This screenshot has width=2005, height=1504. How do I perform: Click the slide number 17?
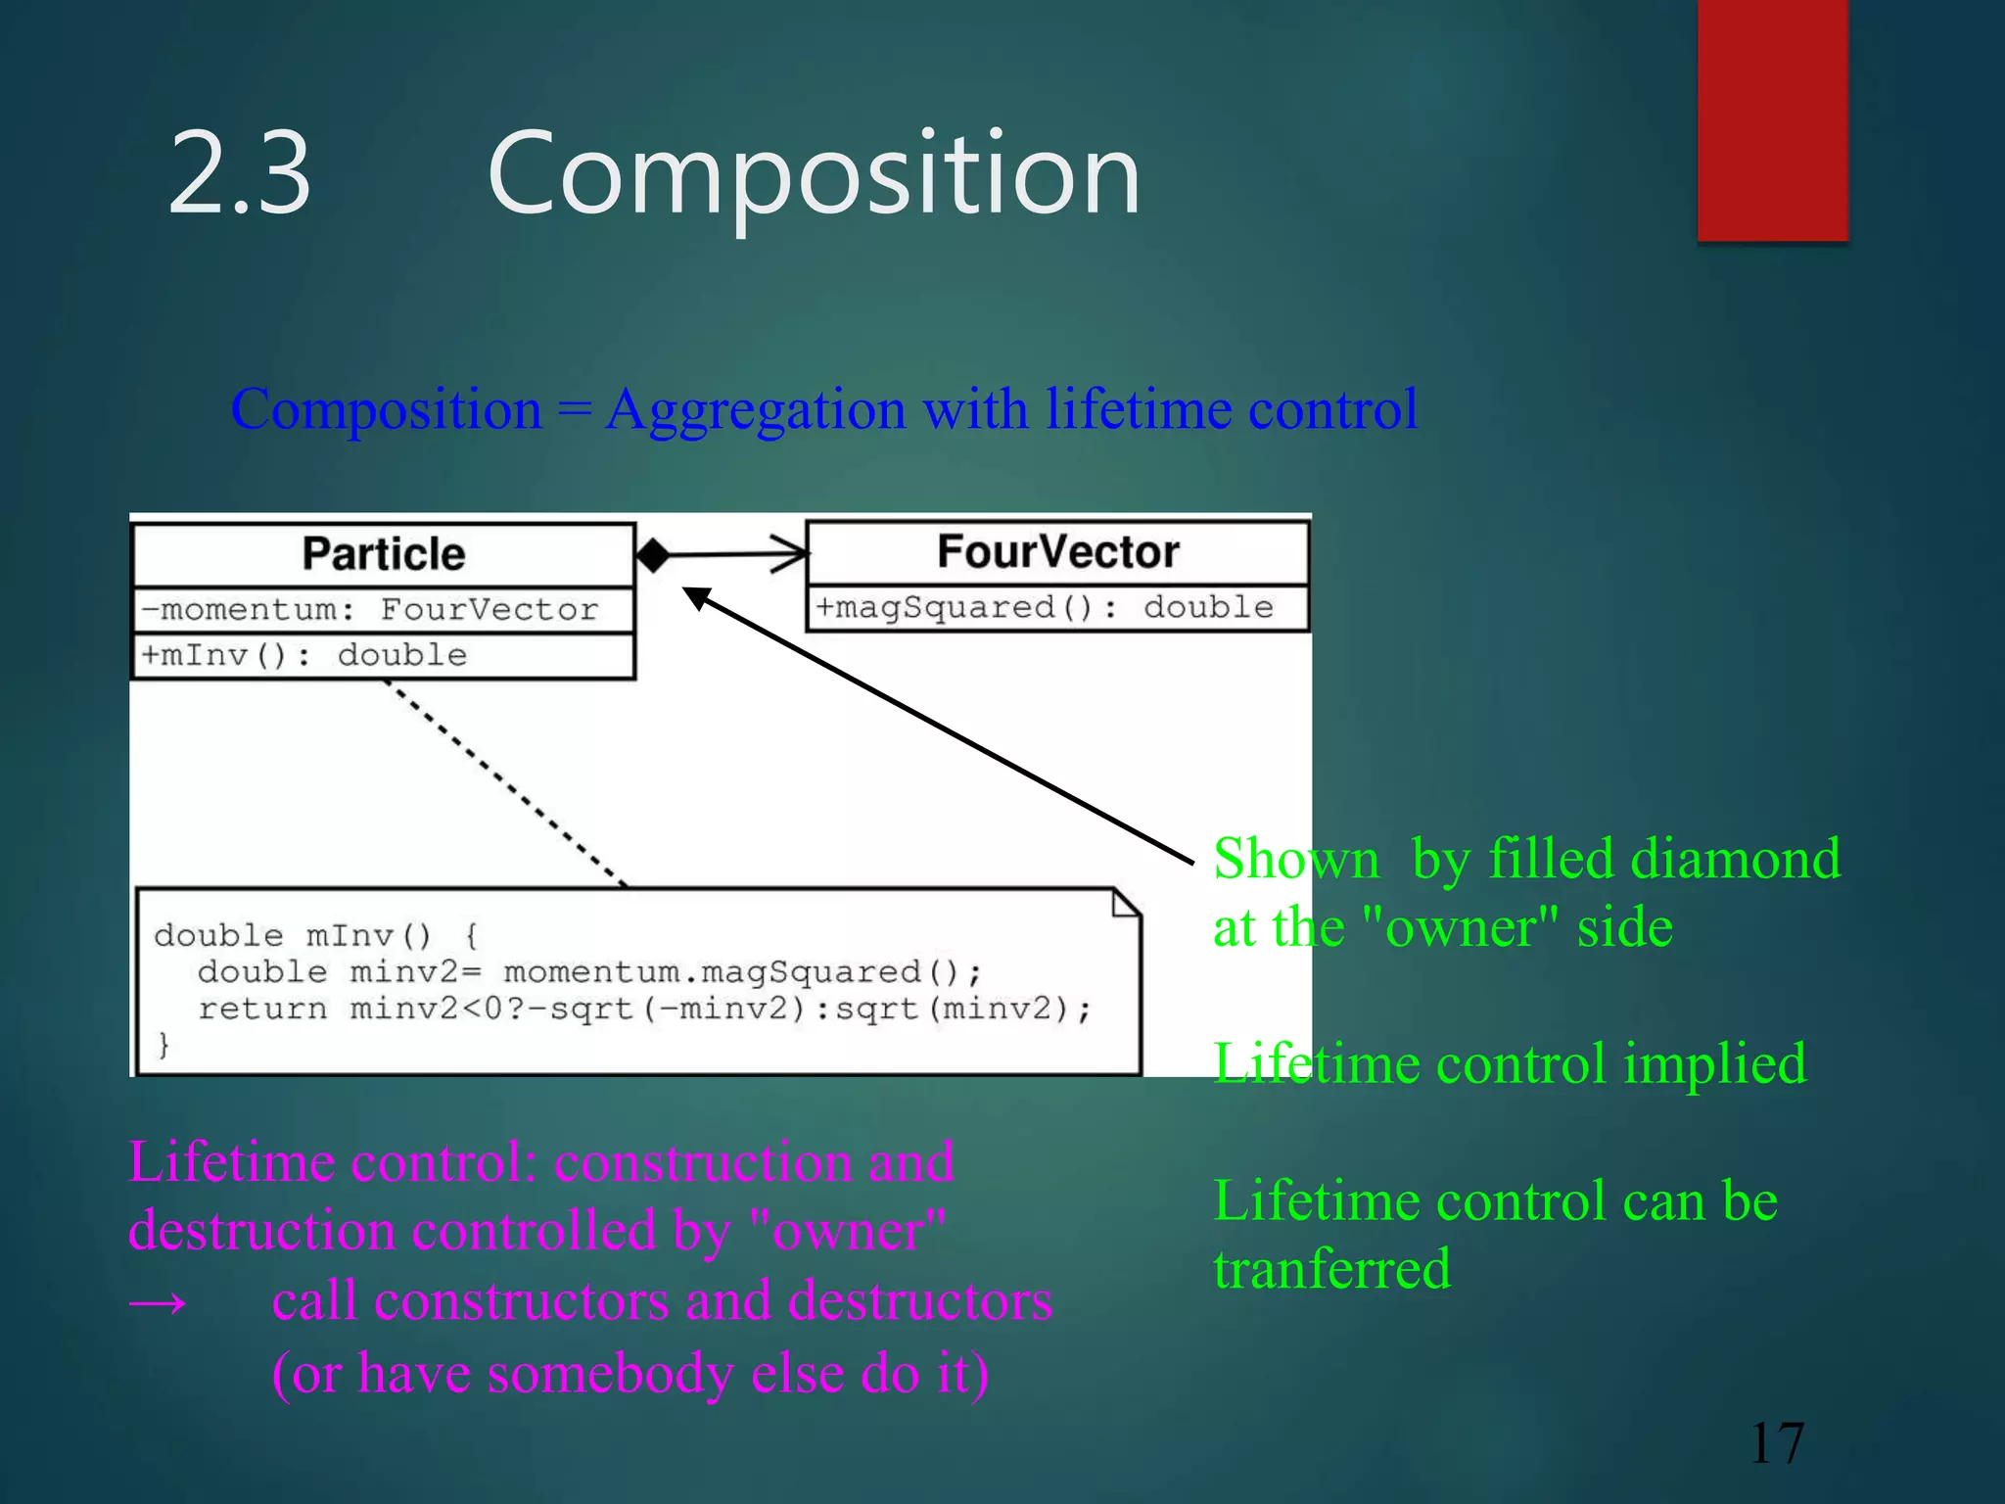pyautogui.click(x=1776, y=1442)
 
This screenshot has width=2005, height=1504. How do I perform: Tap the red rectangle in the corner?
pyautogui.click(x=1772, y=119)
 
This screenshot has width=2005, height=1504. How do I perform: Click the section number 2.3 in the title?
pyautogui.click(x=240, y=174)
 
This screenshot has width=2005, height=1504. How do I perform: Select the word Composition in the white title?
pyautogui.click(x=814, y=174)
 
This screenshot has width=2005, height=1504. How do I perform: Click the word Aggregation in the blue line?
pyautogui.click(x=756, y=408)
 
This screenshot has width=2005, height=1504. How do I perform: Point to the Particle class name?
pyautogui.click(x=383, y=554)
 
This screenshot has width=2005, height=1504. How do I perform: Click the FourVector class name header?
pyautogui.click(x=1057, y=551)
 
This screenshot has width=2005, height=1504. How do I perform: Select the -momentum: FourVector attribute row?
pyautogui.click(x=370, y=609)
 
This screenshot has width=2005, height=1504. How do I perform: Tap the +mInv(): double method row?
pyautogui.click(x=303, y=655)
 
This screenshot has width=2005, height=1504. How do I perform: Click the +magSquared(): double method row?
pyautogui.click(x=1045, y=607)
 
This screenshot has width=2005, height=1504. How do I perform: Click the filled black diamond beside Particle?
pyautogui.click(x=653, y=555)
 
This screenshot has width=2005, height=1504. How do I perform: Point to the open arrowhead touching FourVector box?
pyautogui.click(x=790, y=554)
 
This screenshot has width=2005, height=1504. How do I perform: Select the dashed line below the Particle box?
pyautogui.click(x=505, y=782)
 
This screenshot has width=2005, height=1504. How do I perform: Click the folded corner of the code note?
pyautogui.click(x=1126, y=903)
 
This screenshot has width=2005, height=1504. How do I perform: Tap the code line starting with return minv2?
pyautogui.click(x=643, y=1009)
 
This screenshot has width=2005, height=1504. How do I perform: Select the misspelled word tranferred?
pyautogui.click(x=1331, y=1269)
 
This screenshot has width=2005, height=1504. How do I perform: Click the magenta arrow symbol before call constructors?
pyautogui.click(x=158, y=1303)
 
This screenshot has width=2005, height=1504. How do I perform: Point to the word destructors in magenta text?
pyautogui.click(x=919, y=1301)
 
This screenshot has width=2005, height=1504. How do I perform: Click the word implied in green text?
pyautogui.click(x=1714, y=1063)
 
